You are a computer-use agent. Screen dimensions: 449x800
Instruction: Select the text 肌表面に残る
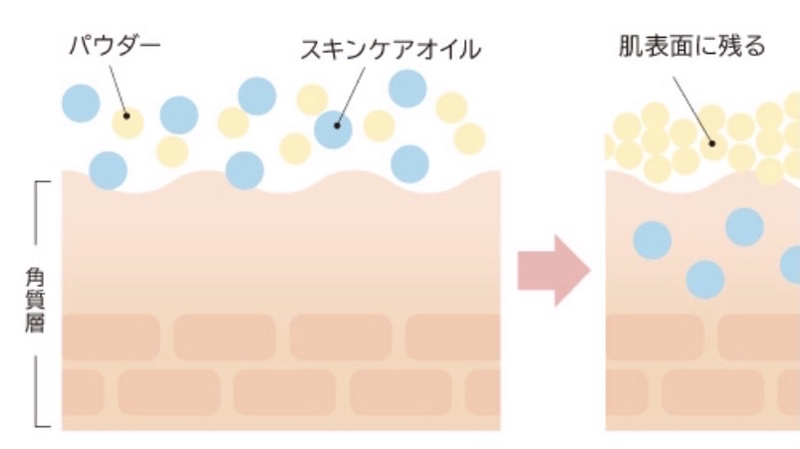point(691,46)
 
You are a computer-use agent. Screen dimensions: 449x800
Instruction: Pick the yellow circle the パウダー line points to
point(128,122)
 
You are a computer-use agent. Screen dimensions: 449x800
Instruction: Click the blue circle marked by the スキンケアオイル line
point(335,127)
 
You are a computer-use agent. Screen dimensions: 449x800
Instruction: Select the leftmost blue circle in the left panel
point(81,103)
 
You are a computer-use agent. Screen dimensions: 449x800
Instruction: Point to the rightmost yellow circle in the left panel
point(469,138)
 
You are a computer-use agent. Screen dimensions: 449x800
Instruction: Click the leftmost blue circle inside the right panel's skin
point(653,240)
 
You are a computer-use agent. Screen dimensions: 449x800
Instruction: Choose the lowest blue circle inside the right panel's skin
point(705,280)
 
